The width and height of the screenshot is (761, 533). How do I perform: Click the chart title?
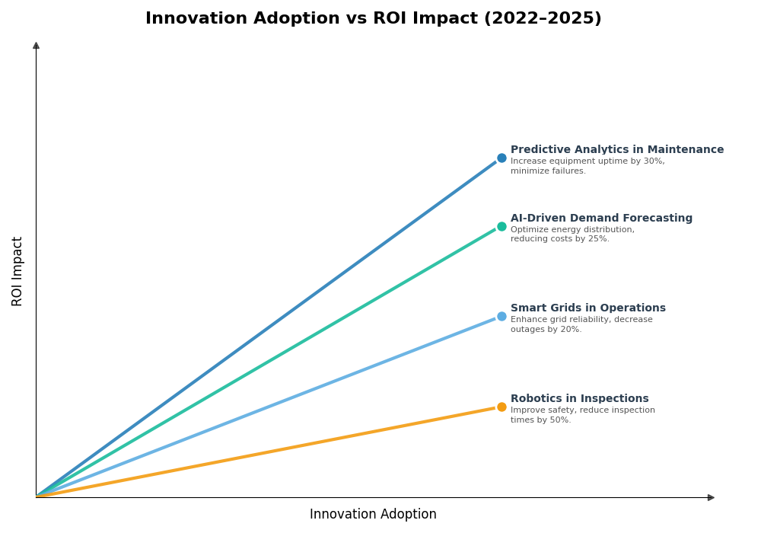[373, 19]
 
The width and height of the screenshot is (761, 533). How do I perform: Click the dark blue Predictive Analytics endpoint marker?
[501, 158]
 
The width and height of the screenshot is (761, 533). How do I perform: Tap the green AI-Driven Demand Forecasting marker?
[501, 226]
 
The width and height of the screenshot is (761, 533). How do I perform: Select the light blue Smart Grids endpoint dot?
[501, 317]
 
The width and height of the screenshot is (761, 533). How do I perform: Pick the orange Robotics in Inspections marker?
[501, 407]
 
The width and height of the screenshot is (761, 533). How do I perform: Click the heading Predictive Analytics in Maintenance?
[616, 150]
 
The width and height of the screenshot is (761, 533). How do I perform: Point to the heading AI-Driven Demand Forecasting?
[601, 219]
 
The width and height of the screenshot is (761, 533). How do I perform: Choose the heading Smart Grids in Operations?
[587, 308]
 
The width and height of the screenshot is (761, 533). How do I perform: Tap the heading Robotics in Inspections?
[579, 399]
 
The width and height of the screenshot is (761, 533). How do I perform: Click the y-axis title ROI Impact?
[18, 271]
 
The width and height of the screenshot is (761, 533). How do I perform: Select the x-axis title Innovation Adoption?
[373, 515]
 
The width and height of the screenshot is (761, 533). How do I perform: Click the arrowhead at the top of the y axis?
[36, 46]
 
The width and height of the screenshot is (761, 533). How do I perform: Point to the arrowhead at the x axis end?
[711, 498]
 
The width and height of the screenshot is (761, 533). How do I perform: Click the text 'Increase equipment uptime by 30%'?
[587, 161]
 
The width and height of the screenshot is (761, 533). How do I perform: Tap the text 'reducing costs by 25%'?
[559, 239]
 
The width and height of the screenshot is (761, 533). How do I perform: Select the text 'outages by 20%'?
[546, 330]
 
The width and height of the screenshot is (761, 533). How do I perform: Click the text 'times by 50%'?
[540, 420]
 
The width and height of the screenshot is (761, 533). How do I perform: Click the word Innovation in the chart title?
[194, 19]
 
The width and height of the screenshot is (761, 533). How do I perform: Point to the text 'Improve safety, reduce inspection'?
[582, 410]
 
